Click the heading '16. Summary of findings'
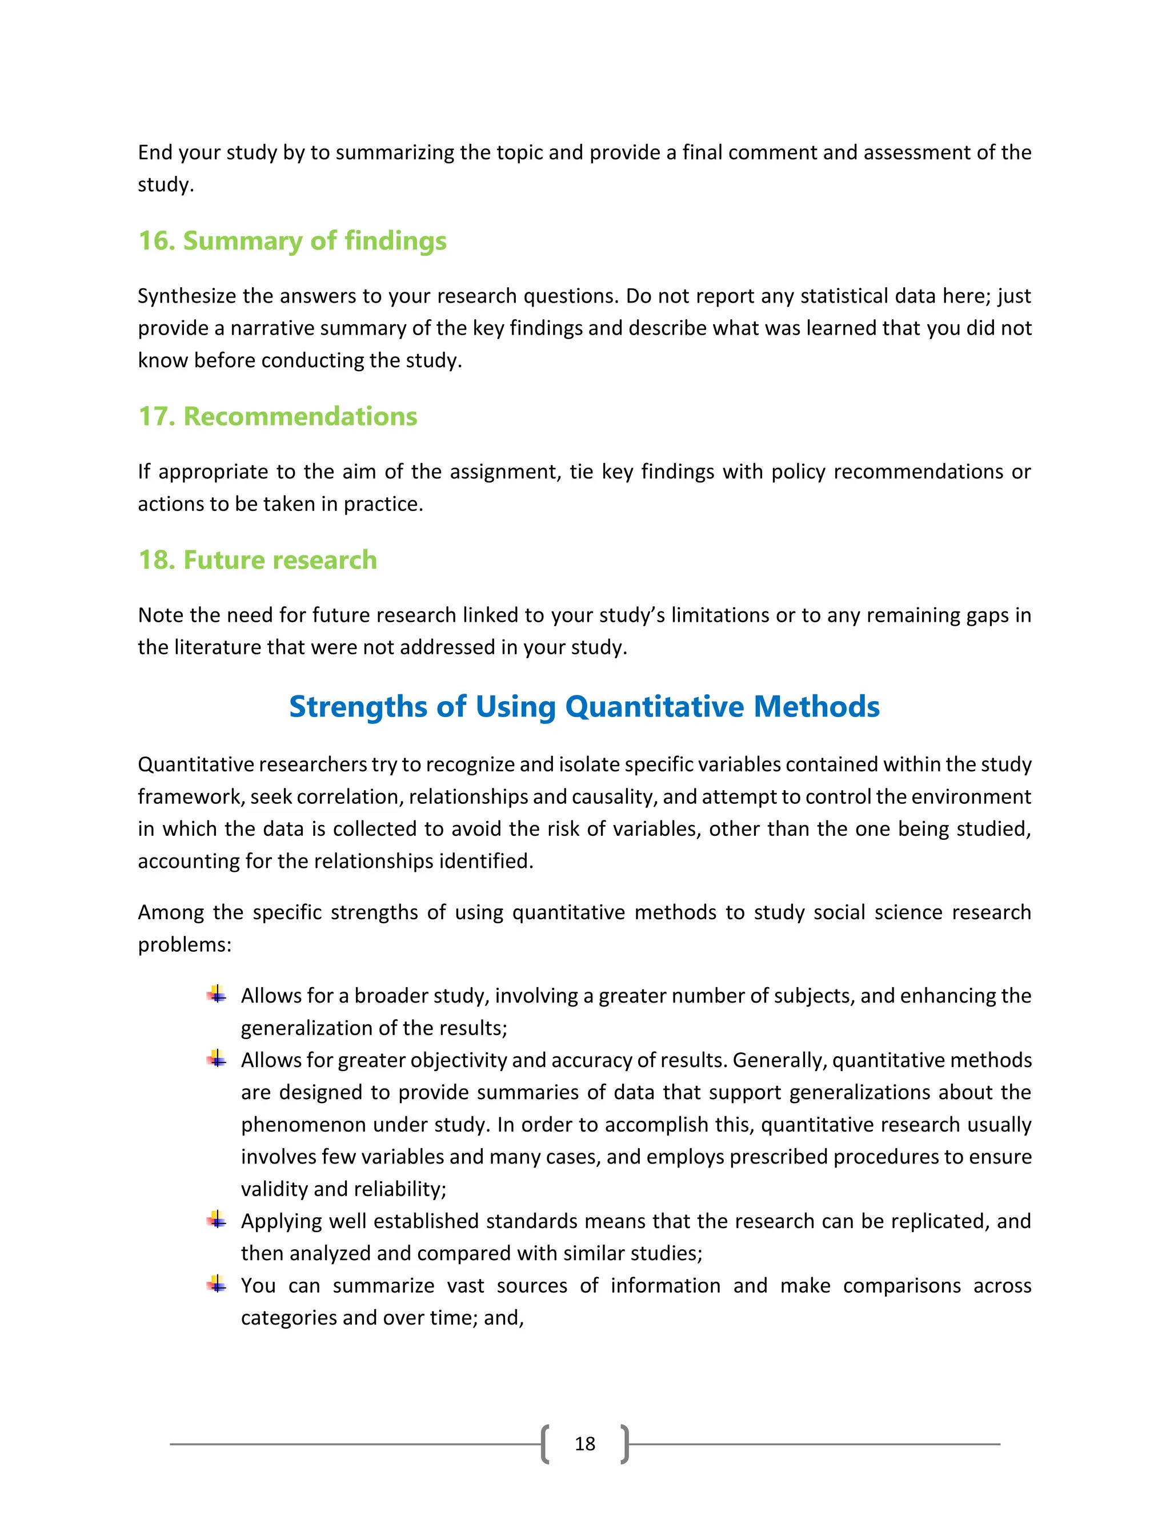292,241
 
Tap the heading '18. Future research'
257,560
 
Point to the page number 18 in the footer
584,1444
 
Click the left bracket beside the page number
546,1444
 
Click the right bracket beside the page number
624,1444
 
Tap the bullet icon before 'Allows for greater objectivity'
217,1059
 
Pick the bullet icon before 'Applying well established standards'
217,1221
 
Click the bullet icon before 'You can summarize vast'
217,1285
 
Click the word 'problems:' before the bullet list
185,945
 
